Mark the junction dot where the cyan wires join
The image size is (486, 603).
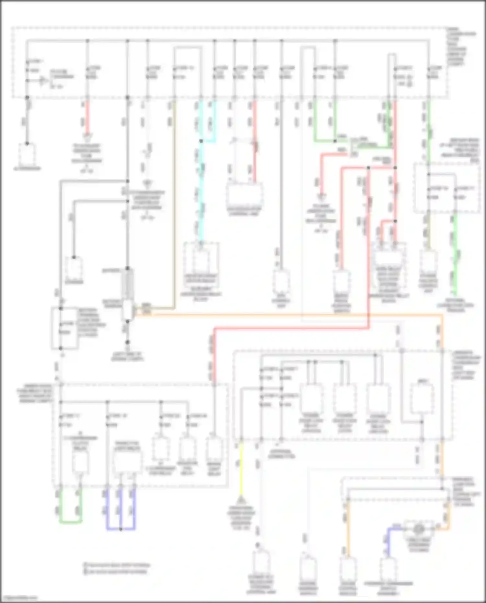point(201,141)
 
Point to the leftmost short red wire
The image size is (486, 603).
point(87,118)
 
